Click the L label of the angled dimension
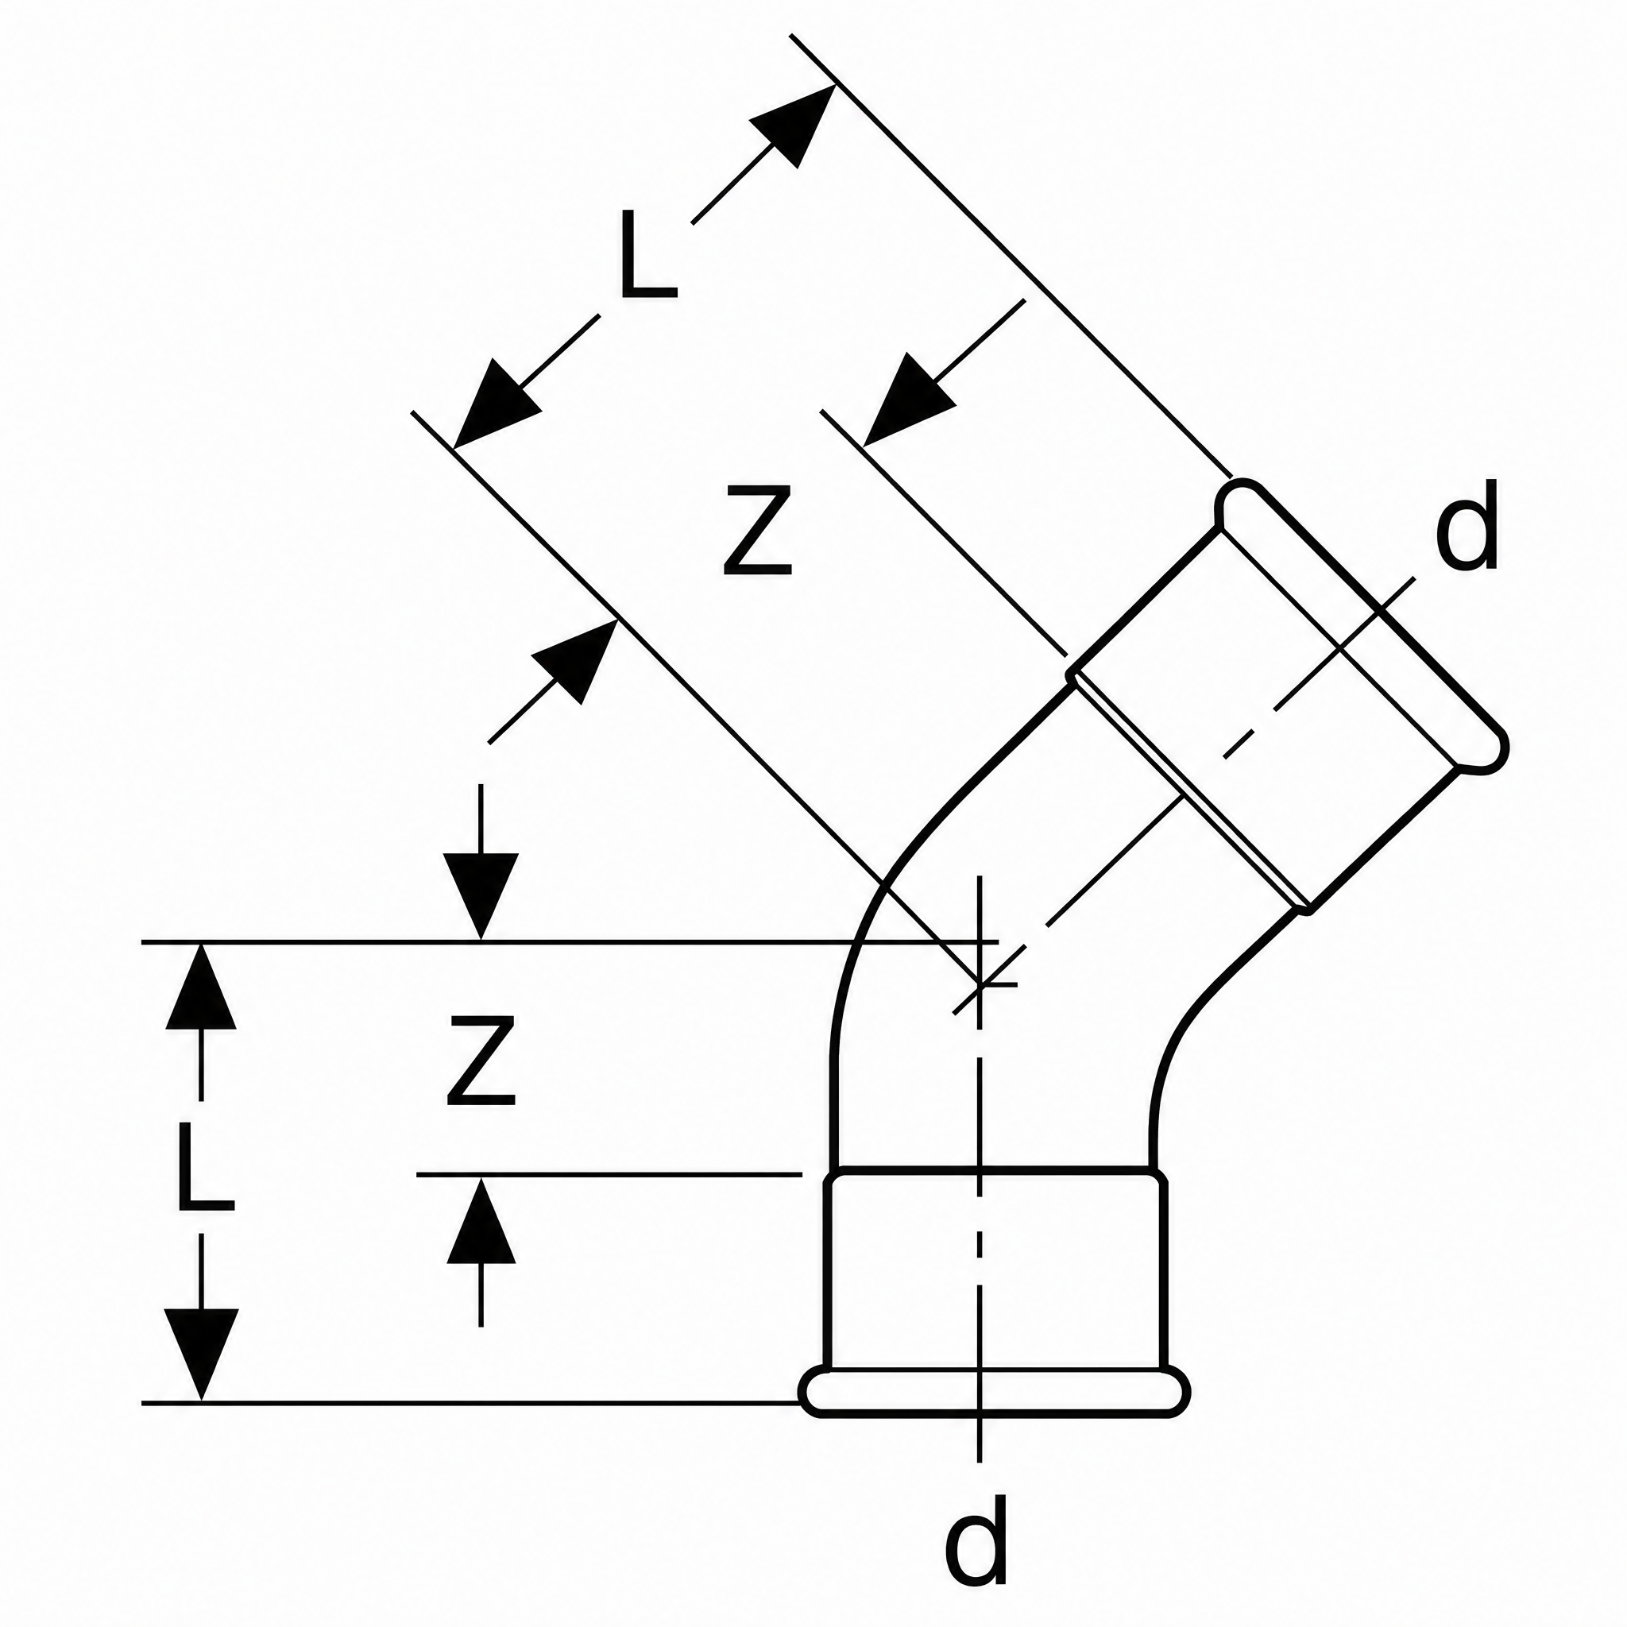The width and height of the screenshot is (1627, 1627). (647, 254)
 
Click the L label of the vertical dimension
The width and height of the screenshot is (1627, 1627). (205, 1166)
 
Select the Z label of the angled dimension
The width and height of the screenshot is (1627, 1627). (758, 531)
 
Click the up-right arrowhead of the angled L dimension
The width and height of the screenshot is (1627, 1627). (792, 126)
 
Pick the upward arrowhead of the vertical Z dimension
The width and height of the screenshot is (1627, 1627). (481, 1220)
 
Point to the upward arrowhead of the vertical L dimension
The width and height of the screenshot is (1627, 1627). (201, 987)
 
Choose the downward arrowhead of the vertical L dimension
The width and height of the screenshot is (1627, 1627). (201, 1355)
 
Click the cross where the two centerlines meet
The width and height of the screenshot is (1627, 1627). (980, 983)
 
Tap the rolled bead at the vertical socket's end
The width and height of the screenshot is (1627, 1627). (994, 1393)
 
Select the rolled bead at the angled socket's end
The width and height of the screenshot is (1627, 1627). (1362, 626)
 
